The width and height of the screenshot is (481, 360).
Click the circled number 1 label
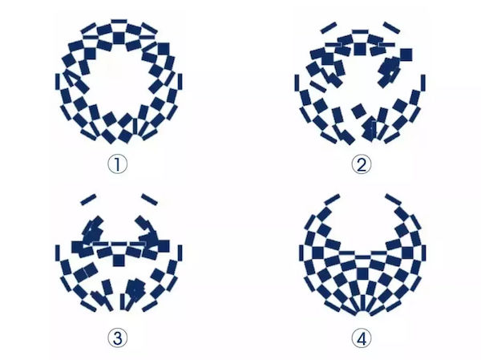pyautogui.click(x=118, y=164)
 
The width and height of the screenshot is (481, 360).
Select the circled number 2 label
pyautogui.click(x=362, y=164)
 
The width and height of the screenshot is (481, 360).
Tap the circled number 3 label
pyautogui.click(x=118, y=338)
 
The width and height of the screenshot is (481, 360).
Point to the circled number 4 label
pyautogui.click(x=362, y=338)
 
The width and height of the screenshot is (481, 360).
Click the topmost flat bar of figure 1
pyautogui.click(x=119, y=21)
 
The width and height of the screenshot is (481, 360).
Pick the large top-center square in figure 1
pyautogui.click(x=119, y=38)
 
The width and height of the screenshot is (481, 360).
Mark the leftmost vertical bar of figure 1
pyautogui.click(x=58, y=82)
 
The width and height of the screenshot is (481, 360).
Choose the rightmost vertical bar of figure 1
pyautogui.click(x=180, y=82)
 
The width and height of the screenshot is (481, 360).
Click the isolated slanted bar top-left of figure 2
pyautogui.click(x=328, y=27)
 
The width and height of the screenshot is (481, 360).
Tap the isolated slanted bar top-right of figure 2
pyautogui.click(x=392, y=27)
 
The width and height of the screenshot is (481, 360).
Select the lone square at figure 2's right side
pyautogui.click(x=406, y=55)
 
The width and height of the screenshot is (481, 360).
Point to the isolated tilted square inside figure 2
pyautogui.click(x=359, y=111)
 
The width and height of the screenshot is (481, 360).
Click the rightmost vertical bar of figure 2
pyautogui.click(x=423, y=83)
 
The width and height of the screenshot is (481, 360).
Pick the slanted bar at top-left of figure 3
pyautogui.click(x=88, y=200)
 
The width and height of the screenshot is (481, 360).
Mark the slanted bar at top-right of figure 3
pyautogui.click(x=149, y=200)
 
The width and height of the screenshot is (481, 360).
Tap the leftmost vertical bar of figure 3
pyautogui.click(x=58, y=253)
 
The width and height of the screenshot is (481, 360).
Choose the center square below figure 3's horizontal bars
pyautogui.click(x=119, y=261)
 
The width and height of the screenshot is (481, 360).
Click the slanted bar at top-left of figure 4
pyautogui.click(x=332, y=200)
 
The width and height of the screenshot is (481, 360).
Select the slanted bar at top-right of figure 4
pyautogui.click(x=394, y=200)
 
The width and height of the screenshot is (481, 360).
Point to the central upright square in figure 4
pyautogui.click(x=362, y=273)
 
